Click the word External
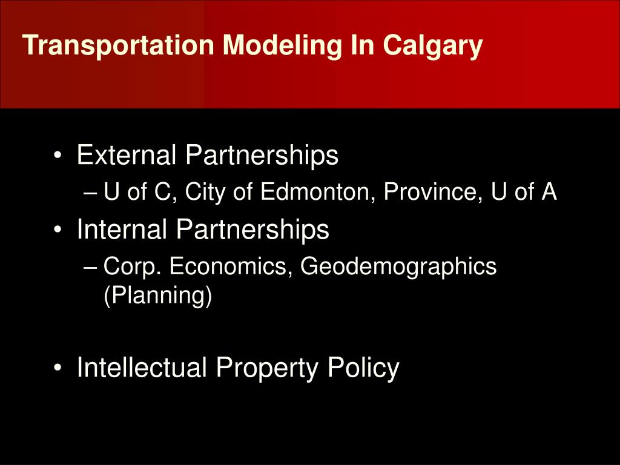127,156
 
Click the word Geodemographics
398,266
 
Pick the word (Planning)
157,297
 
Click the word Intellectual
142,368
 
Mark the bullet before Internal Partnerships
58,231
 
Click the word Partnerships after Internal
252,229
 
